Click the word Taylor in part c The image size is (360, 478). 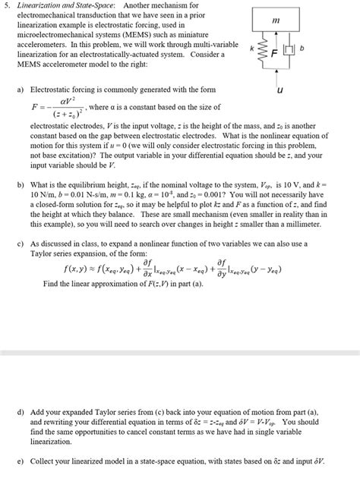coord(44,253)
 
